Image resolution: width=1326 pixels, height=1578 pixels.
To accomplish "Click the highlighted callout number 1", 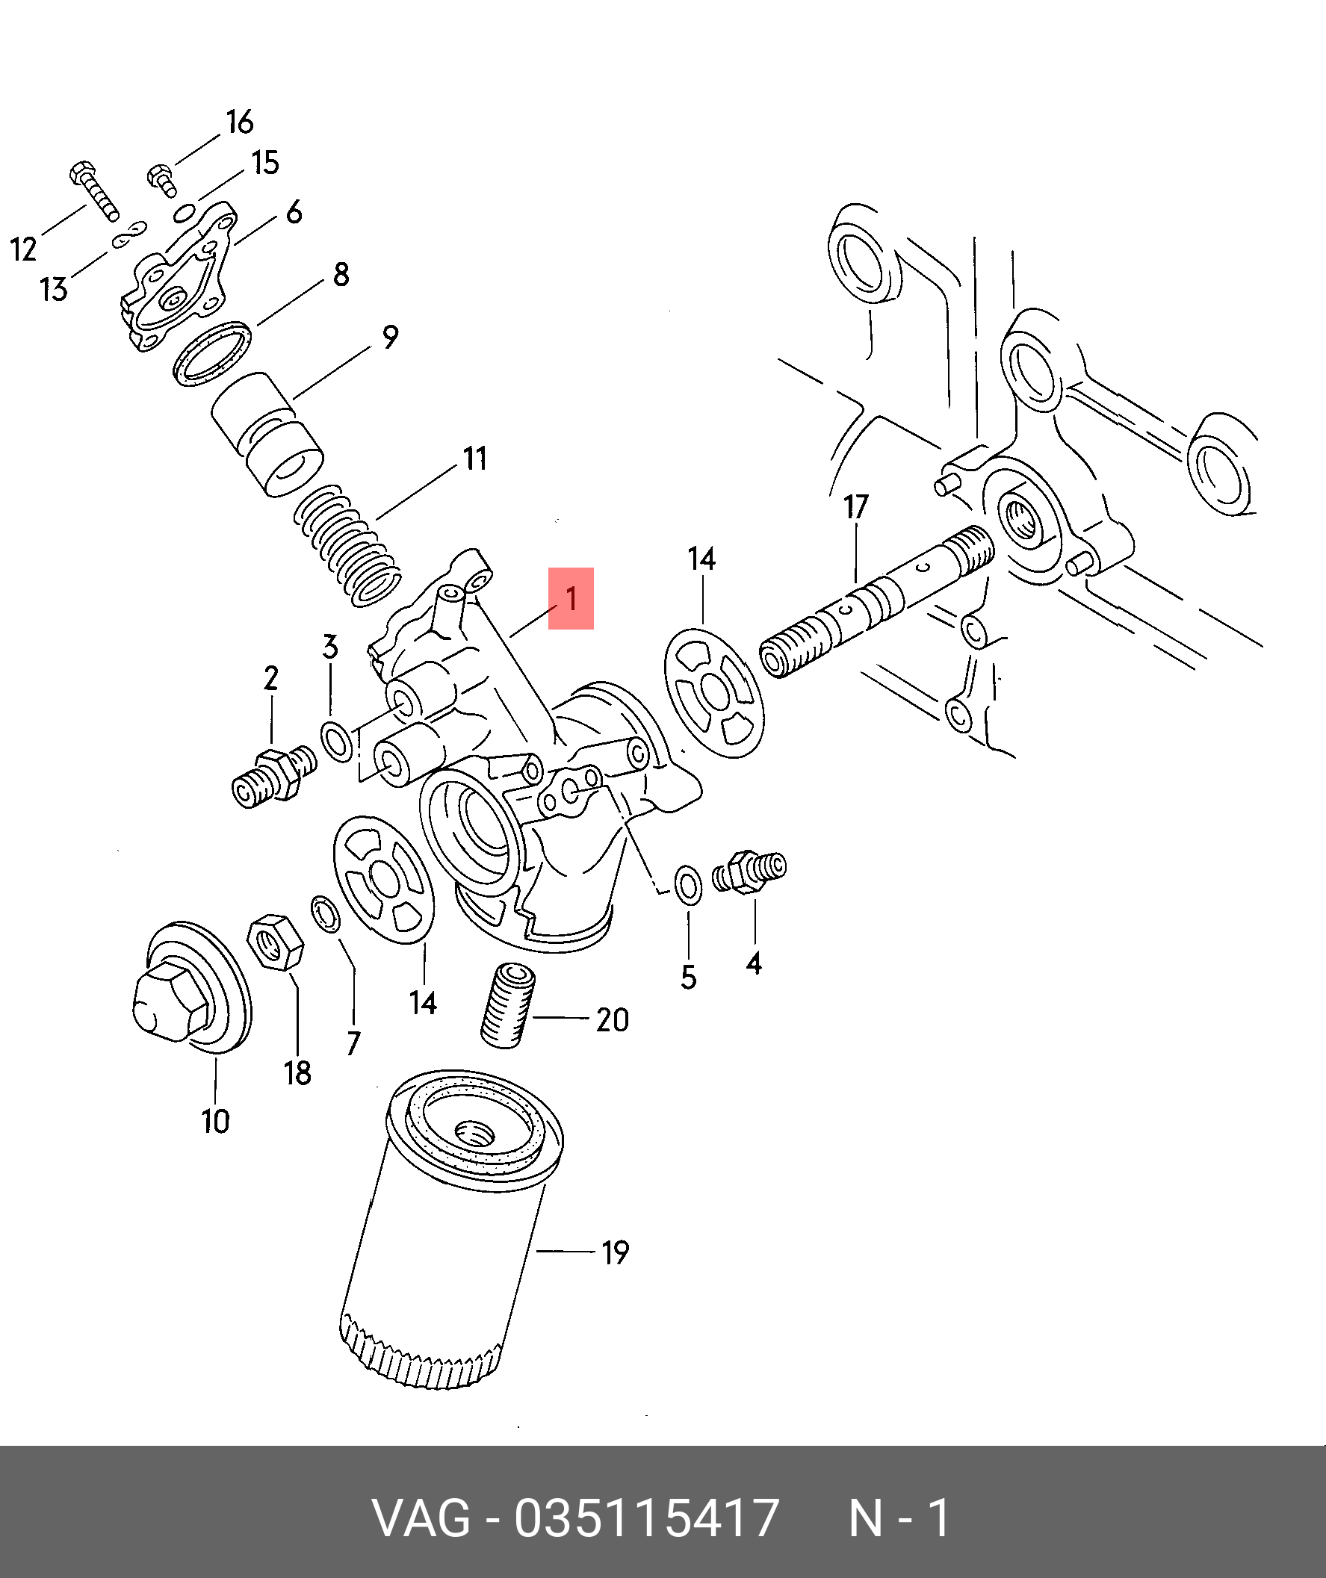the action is click(x=571, y=598).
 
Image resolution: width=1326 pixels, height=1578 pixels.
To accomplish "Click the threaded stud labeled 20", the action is click(x=506, y=1004).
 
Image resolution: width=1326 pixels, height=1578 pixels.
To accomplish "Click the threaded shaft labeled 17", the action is click(x=876, y=601).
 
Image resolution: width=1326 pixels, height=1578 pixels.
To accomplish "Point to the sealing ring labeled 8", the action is click(x=214, y=353).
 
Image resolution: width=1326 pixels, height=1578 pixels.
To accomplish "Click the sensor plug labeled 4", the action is click(x=748, y=871).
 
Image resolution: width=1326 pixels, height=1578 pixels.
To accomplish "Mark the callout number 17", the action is click(x=856, y=507).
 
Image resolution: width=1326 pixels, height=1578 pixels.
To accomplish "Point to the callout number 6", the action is click(x=294, y=213).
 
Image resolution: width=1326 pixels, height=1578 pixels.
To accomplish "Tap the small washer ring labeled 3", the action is click(x=337, y=740).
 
